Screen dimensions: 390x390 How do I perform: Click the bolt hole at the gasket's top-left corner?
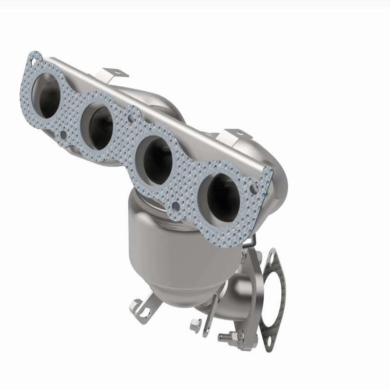[x=32, y=62]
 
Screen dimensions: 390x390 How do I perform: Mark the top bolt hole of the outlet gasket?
[x=271, y=255]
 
